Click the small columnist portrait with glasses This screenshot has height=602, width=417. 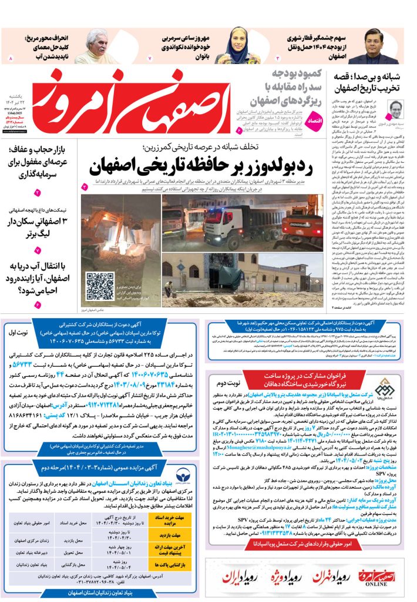point(398,111)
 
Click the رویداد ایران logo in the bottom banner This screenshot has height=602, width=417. point(239,576)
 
